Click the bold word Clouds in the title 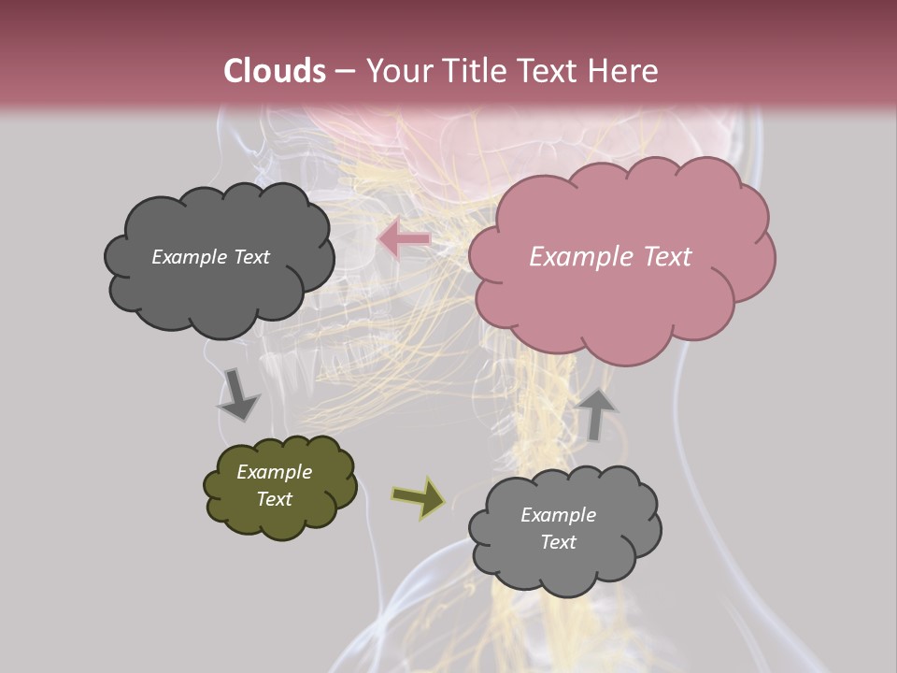pos(274,71)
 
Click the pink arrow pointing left pos(404,239)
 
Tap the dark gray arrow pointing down pos(237,394)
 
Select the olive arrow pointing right pos(420,498)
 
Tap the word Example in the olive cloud pos(274,472)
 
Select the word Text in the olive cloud pos(274,499)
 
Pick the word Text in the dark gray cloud pos(250,257)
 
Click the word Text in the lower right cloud pos(558,542)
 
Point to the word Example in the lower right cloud pos(558,515)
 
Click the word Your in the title pos(396,71)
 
